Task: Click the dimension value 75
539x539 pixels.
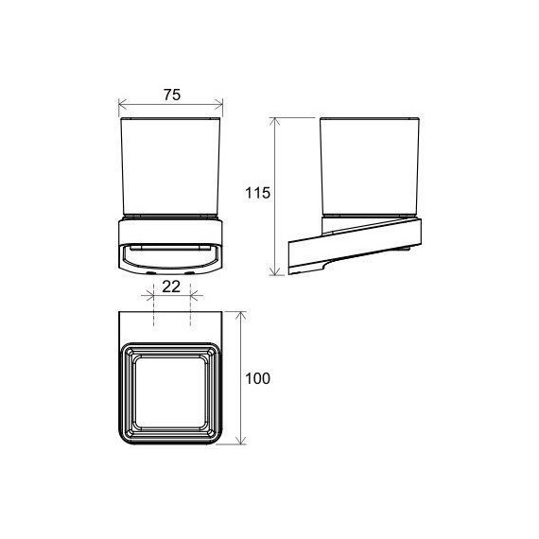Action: [172, 95]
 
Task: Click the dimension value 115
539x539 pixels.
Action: [257, 193]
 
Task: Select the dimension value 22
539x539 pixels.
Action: [171, 287]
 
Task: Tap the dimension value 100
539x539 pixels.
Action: [258, 378]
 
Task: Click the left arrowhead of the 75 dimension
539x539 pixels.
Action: [122, 103]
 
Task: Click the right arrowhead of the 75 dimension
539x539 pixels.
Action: [218, 103]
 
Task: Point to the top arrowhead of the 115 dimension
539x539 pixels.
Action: [274, 122]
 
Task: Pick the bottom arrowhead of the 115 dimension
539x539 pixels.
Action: [274, 270]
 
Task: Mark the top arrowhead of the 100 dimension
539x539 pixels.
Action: [242, 316]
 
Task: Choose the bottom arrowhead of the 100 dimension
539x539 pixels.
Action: [242, 441]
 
